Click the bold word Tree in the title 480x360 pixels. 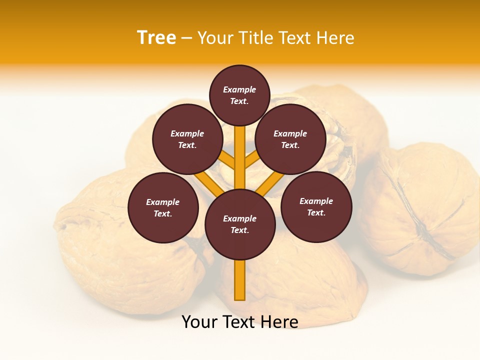pyautogui.click(x=156, y=38)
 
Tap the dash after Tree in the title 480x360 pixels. pyautogui.click(x=186, y=38)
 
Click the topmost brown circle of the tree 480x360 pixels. pyautogui.click(x=239, y=95)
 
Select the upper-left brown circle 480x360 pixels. pyautogui.click(x=187, y=139)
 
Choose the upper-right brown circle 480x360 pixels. pyautogui.click(x=290, y=139)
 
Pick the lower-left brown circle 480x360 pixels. pyautogui.click(x=163, y=207)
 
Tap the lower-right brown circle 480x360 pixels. pyautogui.click(x=316, y=206)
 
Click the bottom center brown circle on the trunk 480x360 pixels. pyautogui.click(x=240, y=224)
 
